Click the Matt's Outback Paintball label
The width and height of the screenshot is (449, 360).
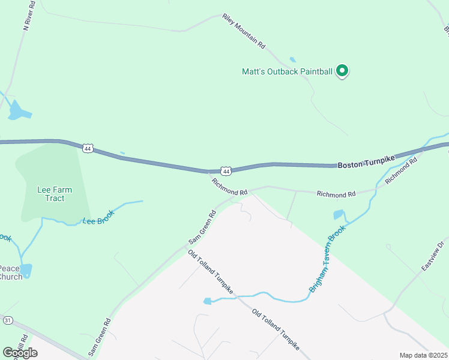click(x=287, y=71)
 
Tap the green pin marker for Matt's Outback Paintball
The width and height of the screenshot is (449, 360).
click(x=342, y=71)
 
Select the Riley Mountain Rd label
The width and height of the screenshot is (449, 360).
click(x=243, y=31)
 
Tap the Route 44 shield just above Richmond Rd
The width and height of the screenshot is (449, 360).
click(x=225, y=170)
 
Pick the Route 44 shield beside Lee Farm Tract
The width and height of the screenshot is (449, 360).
click(x=88, y=148)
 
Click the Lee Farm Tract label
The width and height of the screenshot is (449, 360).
click(x=55, y=194)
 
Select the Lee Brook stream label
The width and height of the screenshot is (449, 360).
click(x=98, y=220)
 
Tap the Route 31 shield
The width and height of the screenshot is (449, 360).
click(x=7, y=320)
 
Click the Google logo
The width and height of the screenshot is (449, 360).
click(x=20, y=352)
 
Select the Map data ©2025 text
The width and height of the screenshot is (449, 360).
click(x=423, y=355)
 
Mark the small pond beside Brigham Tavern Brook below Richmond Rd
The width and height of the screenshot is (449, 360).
click(x=339, y=215)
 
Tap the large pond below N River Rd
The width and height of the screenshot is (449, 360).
click(x=19, y=110)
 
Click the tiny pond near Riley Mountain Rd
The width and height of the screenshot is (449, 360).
click(x=292, y=59)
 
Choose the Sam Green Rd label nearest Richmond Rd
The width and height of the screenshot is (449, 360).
click(x=202, y=227)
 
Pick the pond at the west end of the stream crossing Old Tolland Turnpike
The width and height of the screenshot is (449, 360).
click(x=208, y=301)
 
